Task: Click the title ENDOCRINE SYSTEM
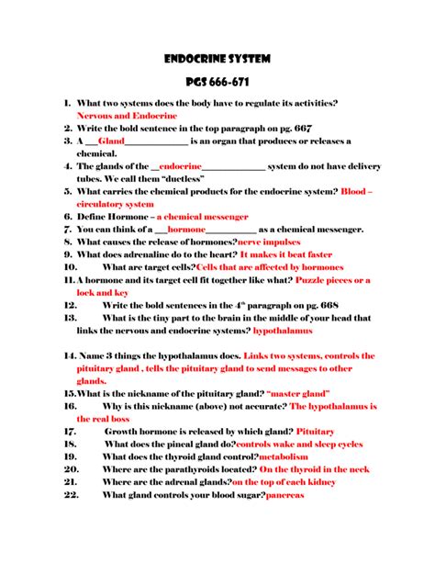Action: click(217, 58)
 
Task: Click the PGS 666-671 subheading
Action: click(217, 84)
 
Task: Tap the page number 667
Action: click(300, 129)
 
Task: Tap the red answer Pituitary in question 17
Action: click(316, 430)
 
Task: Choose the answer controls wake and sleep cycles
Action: click(299, 443)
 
